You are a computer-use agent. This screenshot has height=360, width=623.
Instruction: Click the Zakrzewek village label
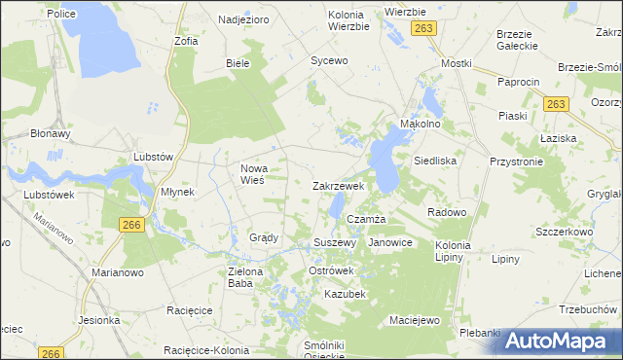pos(338,185)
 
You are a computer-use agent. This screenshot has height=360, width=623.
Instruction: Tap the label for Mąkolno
pos(421,125)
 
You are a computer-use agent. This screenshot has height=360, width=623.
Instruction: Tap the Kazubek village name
pos(345,293)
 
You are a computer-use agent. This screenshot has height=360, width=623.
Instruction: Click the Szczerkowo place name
pos(565,234)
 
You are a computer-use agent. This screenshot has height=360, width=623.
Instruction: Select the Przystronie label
pos(516,163)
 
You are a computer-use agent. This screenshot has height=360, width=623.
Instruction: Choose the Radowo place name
pos(447,211)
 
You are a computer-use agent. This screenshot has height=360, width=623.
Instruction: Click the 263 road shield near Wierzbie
pos(421,30)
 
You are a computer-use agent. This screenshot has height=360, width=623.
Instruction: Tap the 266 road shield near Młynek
pos(133,225)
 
